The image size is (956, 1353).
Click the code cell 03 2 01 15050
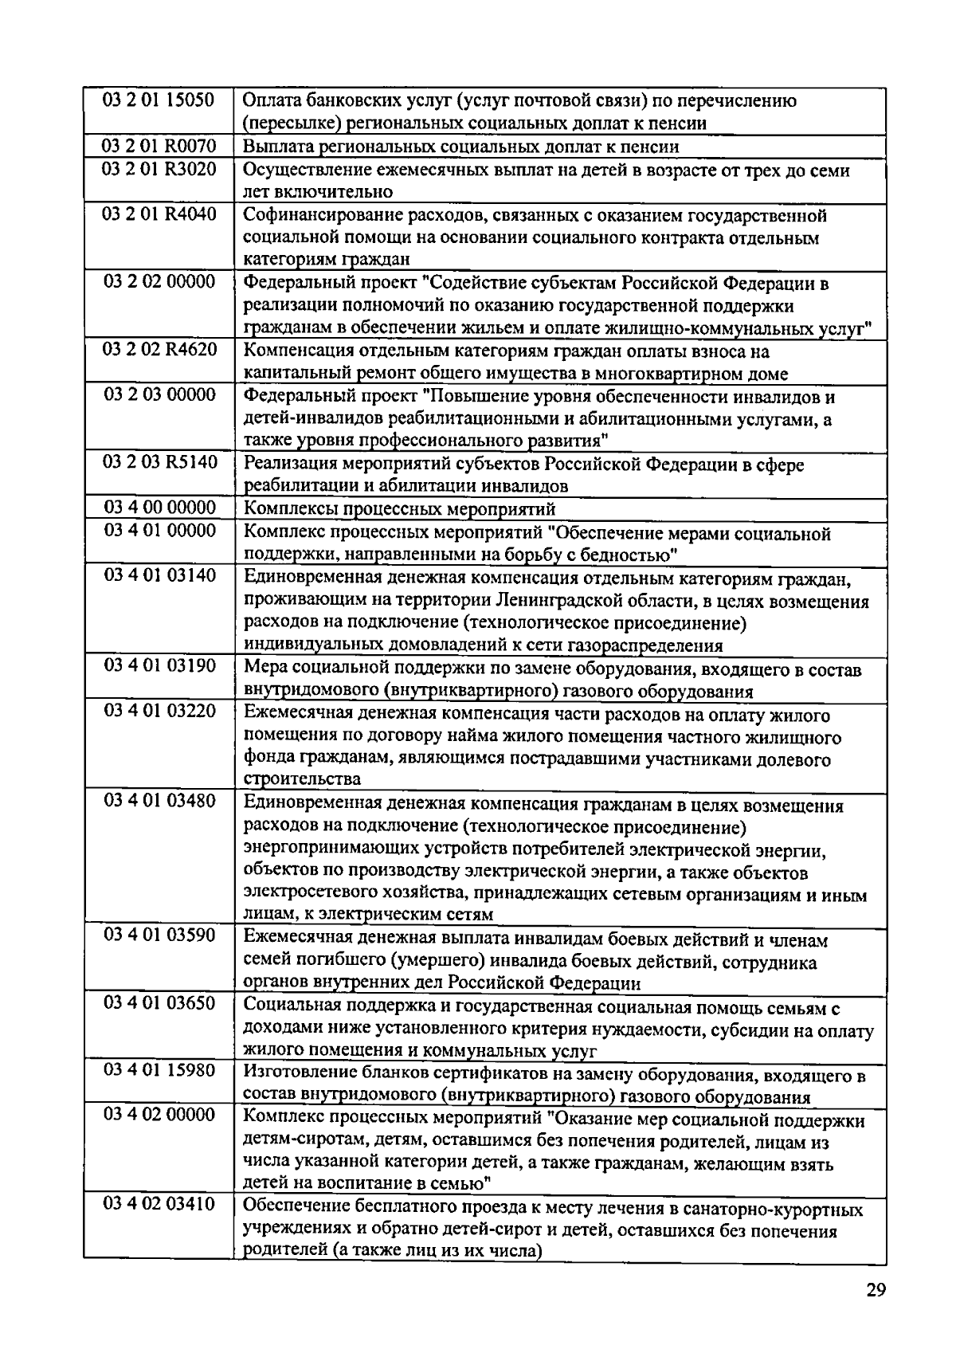coord(159,100)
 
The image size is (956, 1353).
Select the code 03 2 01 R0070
coord(159,146)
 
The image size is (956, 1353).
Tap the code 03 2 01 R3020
coord(159,169)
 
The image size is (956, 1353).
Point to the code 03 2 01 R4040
coord(159,214)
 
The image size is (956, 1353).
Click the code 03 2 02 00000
coord(159,282)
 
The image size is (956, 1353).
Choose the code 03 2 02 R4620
coord(159,350)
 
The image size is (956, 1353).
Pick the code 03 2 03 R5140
coord(159,462)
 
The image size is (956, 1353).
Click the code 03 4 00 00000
coord(159,508)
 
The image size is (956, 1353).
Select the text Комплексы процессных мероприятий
coord(399,509)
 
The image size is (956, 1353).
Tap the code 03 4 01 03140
coord(159,575)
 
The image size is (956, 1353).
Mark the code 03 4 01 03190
coord(159,665)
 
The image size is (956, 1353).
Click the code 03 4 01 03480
coord(159,801)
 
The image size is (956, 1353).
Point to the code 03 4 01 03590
coord(159,935)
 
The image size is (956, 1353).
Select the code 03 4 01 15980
coord(159,1070)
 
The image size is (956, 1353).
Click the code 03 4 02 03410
coord(159,1204)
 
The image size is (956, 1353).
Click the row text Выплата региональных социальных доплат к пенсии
coord(460,147)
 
